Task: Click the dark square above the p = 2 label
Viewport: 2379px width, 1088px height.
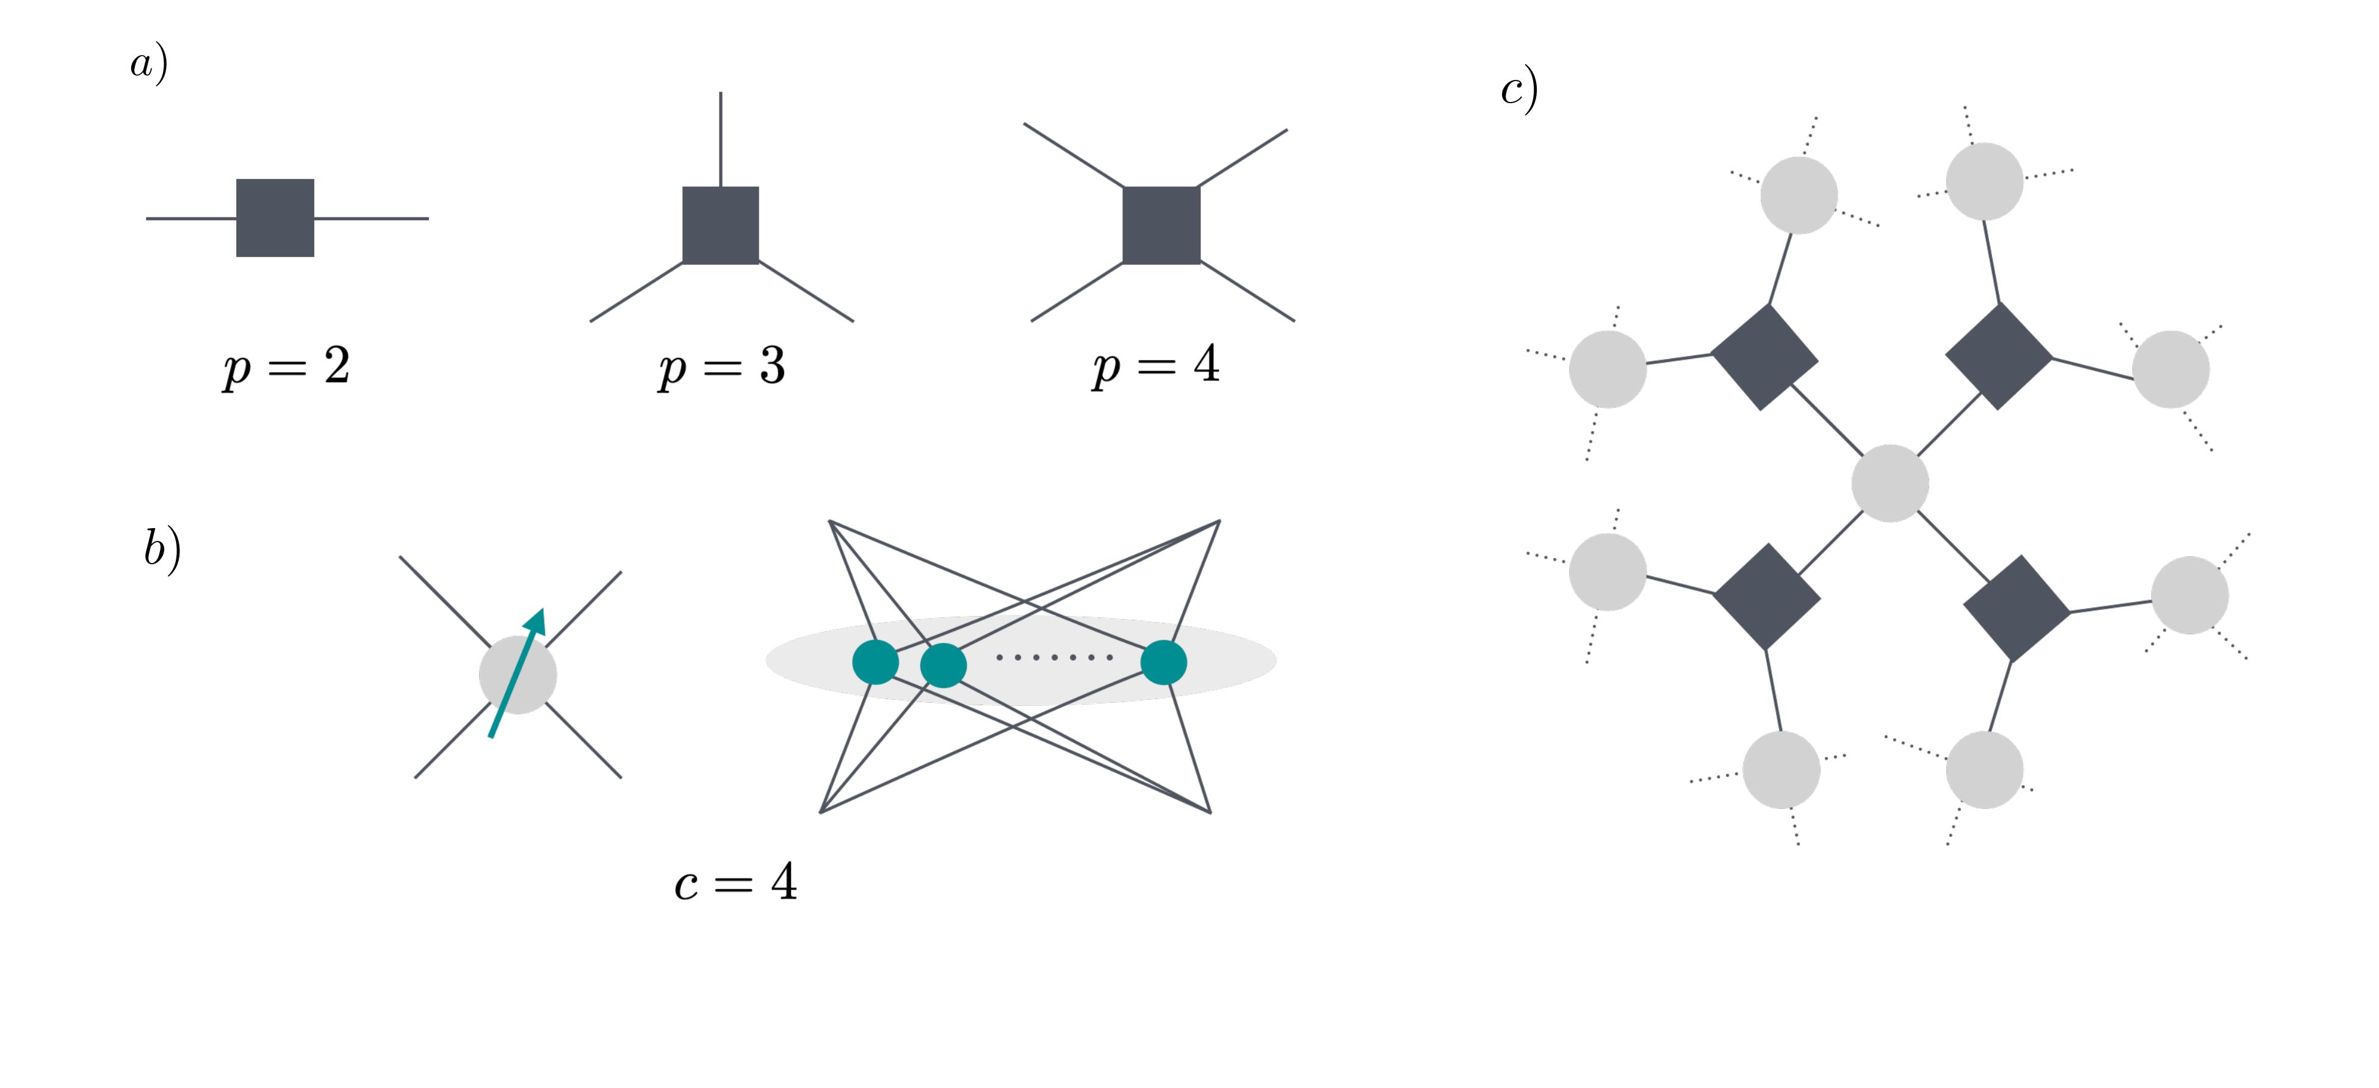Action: point(275,218)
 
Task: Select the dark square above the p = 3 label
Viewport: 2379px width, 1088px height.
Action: point(720,225)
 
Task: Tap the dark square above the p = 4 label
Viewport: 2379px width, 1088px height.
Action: point(1161,225)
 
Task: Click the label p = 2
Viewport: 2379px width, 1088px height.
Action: point(286,367)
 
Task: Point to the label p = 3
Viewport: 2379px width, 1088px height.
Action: point(722,367)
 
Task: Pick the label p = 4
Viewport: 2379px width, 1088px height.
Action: point(1157,365)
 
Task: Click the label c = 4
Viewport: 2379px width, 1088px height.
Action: point(736,882)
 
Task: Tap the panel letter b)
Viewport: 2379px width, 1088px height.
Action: point(162,549)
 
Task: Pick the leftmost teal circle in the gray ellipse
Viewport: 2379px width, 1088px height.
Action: point(875,662)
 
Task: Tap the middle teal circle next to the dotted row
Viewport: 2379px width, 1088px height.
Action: point(943,664)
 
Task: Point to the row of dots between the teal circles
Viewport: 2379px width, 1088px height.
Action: point(1054,658)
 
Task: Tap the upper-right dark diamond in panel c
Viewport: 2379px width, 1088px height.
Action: point(1999,357)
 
